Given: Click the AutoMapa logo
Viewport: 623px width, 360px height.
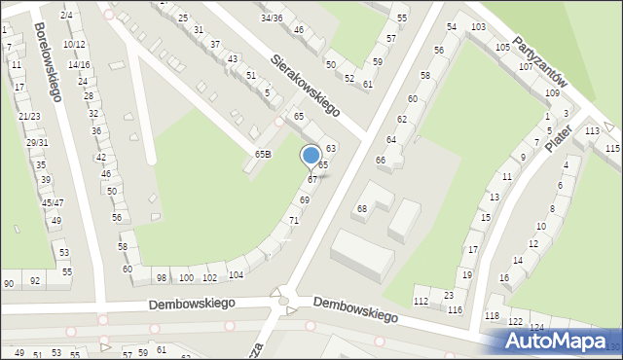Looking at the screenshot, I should [558, 341].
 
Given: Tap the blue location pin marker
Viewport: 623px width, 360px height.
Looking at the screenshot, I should [311, 157].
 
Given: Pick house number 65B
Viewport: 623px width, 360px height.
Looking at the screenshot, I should [263, 154].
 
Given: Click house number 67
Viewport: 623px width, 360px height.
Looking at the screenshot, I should [312, 179].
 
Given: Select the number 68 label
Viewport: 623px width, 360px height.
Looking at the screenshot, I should [361, 209].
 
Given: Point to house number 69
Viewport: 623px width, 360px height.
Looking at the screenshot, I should [305, 199].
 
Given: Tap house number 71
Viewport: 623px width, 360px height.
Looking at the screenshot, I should [293, 221].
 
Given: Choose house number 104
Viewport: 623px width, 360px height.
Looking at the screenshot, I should [235, 275].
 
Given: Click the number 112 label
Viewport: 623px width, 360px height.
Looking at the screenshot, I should [421, 302].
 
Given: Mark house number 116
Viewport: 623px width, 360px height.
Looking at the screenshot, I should [455, 309].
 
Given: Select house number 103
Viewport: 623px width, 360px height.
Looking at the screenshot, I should [478, 26].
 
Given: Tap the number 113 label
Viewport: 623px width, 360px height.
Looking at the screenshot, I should [592, 130].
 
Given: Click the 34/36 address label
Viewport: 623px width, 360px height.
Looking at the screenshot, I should [272, 18].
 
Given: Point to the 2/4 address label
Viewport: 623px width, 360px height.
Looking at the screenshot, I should [66, 15].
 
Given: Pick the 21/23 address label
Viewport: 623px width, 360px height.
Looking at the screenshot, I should [29, 116].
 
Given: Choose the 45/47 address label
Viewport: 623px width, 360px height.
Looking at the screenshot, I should [53, 202].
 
